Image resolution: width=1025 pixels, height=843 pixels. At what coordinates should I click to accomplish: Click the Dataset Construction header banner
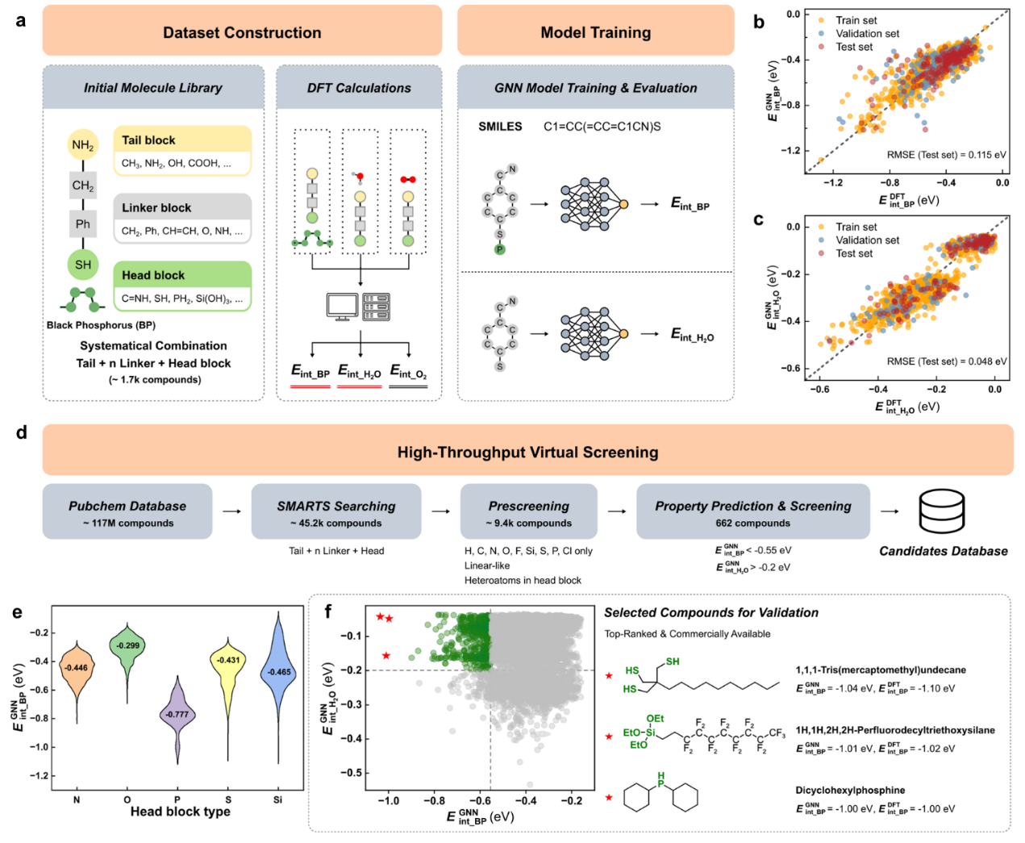242,32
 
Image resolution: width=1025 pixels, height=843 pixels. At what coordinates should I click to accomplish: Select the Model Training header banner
595,32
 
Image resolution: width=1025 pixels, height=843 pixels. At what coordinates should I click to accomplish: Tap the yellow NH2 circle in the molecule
83,145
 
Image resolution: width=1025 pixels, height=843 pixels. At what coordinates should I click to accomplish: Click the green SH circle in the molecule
83,265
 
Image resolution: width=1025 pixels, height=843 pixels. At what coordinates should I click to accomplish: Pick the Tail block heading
148,140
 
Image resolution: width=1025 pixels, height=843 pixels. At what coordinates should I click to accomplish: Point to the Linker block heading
156,208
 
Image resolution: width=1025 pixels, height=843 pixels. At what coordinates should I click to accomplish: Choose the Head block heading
153,275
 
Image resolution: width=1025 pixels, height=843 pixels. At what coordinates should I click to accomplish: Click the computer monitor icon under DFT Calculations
342,307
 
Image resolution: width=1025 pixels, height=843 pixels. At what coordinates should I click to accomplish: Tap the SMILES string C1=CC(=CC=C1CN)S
602,127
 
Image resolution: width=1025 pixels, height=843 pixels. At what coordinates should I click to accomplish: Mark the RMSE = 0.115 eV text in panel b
946,155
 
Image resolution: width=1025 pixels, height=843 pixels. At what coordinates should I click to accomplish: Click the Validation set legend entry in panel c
867,240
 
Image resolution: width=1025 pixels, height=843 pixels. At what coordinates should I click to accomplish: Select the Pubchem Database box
127,511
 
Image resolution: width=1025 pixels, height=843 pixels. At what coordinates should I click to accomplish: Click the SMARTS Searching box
336,511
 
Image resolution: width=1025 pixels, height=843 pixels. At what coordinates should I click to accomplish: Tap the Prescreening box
528,511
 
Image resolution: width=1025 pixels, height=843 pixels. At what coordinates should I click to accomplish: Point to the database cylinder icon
943,511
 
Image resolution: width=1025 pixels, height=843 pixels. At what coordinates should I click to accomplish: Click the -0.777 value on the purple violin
177,715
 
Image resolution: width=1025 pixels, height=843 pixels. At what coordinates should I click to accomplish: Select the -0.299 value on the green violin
127,645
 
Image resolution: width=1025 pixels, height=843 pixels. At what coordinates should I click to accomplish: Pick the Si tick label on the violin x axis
277,799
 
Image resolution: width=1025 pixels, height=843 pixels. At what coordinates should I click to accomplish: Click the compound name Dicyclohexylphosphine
850,791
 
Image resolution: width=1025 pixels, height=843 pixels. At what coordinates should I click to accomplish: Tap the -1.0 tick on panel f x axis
389,801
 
